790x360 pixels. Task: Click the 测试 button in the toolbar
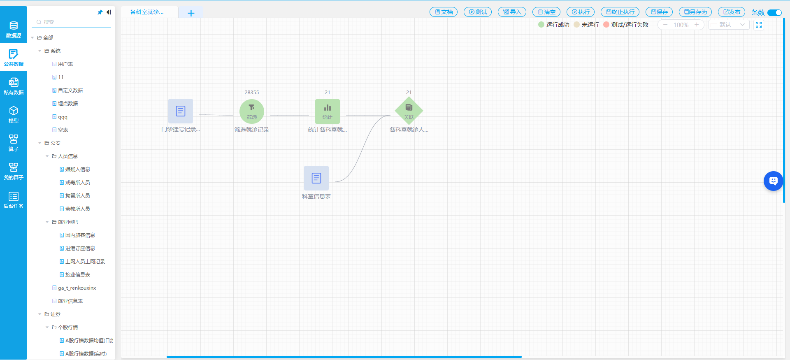pyautogui.click(x=478, y=12)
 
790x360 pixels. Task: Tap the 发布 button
pyautogui.click(x=731, y=12)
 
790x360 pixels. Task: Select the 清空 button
pyautogui.click(x=546, y=12)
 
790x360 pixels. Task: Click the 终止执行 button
pyautogui.click(x=620, y=12)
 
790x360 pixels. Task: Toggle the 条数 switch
pyautogui.click(x=774, y=12)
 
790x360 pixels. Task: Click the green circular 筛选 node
pyautogui.click(x=251, y=111)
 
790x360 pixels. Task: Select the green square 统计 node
pyautogui.click(x=327, y=111)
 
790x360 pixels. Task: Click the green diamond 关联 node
pyautogui.click(x=409, y=111)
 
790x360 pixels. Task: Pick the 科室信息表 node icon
pyautogui.click(x=316, y=178)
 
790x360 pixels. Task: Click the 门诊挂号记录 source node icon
pyautogui.click(x=180, y=111)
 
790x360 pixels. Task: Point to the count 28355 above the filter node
pyautogui.click(x=251, y=93)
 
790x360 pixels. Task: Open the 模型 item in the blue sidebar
pyautogui.click(x=14, y=114)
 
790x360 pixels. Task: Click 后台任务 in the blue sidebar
pyautogui.click(x=14, y=200)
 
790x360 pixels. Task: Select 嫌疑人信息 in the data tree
pyautogui.click(x=77, y=169)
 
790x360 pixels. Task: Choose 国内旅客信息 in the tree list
pyautogui.click(x=80, y=235)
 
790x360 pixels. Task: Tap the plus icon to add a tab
pyautogui.click(x=191, y=13)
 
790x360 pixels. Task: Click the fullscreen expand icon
pyautogui.click(x=759, y=25)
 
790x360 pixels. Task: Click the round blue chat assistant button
pyautogui.click(x=773, y=181)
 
